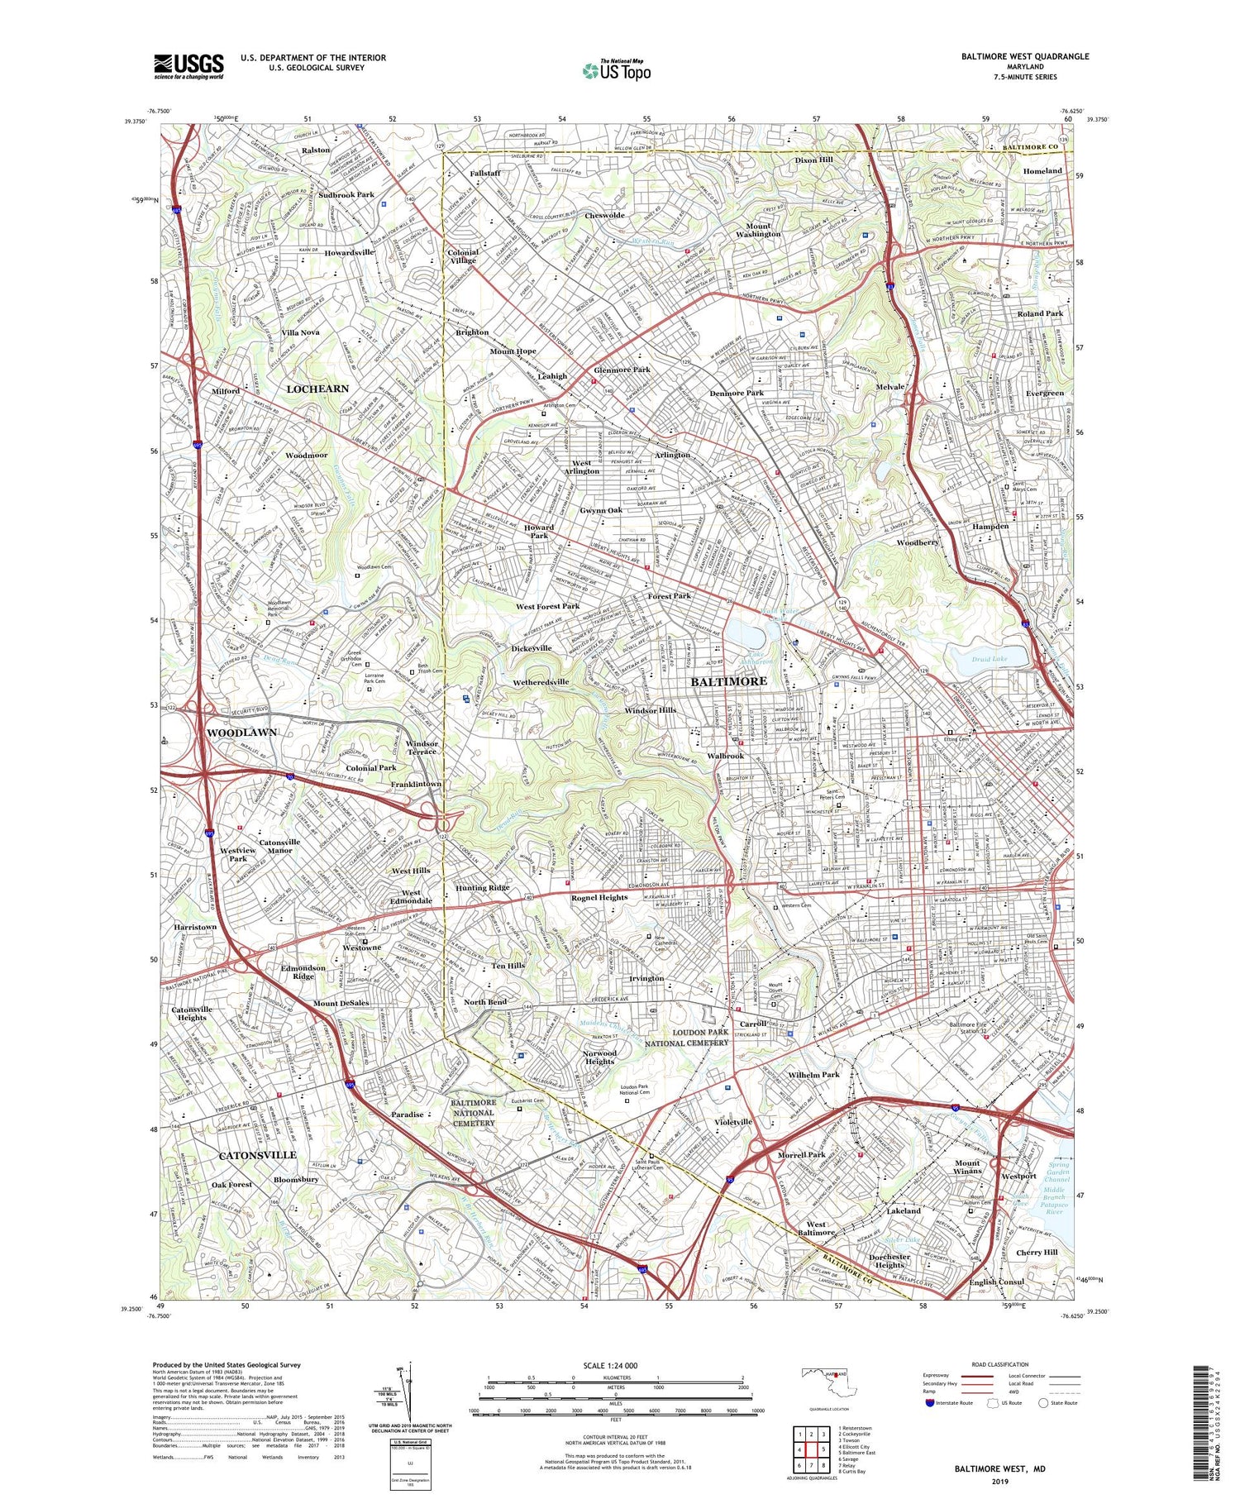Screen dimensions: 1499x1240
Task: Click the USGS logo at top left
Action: (x=188, y=66)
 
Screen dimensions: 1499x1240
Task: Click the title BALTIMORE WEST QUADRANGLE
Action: (x=1024, y=56)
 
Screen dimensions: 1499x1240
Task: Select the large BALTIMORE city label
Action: (x=728, y=681)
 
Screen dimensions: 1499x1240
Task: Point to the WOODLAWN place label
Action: (x=241, y=733)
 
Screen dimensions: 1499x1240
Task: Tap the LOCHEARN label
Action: (x=317, y=388)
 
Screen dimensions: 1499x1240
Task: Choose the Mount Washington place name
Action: (x=758, y=230)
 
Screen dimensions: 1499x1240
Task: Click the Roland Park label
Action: (x=1039, y=314)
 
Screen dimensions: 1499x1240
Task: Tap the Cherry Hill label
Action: (x=1037, y=1252)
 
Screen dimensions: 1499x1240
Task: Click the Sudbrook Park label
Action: (x=346, y=195)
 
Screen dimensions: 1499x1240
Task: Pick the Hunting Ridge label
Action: (x=482, y=887)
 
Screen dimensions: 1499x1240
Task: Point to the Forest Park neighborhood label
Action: (x=669, y=595)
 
